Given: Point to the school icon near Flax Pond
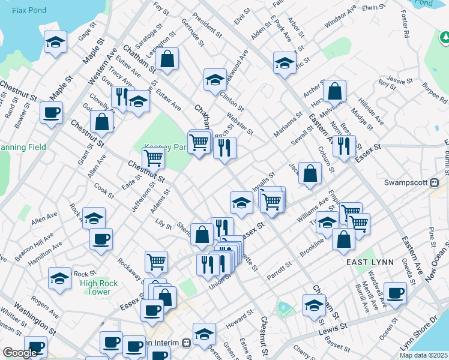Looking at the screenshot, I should pos(55,43).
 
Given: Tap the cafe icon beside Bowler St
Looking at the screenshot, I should pos(51,112).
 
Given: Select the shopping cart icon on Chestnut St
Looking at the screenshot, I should pos(154,158).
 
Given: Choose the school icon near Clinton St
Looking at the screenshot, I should pos(214,79).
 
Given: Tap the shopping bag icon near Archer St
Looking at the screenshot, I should pos(336,91).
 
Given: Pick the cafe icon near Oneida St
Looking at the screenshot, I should pos(396,293).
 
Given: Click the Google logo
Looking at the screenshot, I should pos(20,353).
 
